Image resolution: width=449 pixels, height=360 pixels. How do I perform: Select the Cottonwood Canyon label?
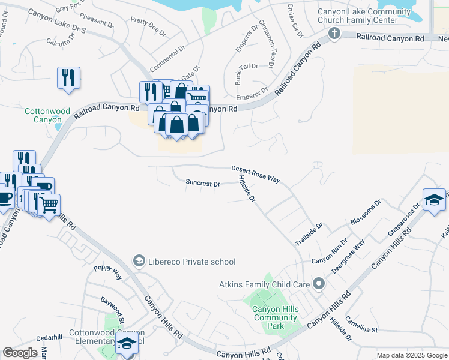pos(47,115)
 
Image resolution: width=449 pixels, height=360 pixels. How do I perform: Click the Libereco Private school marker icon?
pos(139,261)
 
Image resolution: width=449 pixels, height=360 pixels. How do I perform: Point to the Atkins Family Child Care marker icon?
pos(319,283)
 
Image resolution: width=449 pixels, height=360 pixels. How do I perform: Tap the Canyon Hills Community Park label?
pos(276,317)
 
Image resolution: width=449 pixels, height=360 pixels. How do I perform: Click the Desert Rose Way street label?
pos(256,174)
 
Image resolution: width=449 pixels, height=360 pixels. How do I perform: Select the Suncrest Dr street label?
pos(203,184)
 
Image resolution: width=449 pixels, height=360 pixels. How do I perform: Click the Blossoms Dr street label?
pos(365,213)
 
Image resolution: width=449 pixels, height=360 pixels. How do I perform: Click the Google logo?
pos(20,353)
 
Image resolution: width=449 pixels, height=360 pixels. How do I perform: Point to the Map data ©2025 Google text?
pos(411,355)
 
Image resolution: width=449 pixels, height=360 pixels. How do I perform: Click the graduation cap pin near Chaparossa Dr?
pos(434,200)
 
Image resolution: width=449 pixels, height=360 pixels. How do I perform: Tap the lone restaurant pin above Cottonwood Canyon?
pos(68,79)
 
